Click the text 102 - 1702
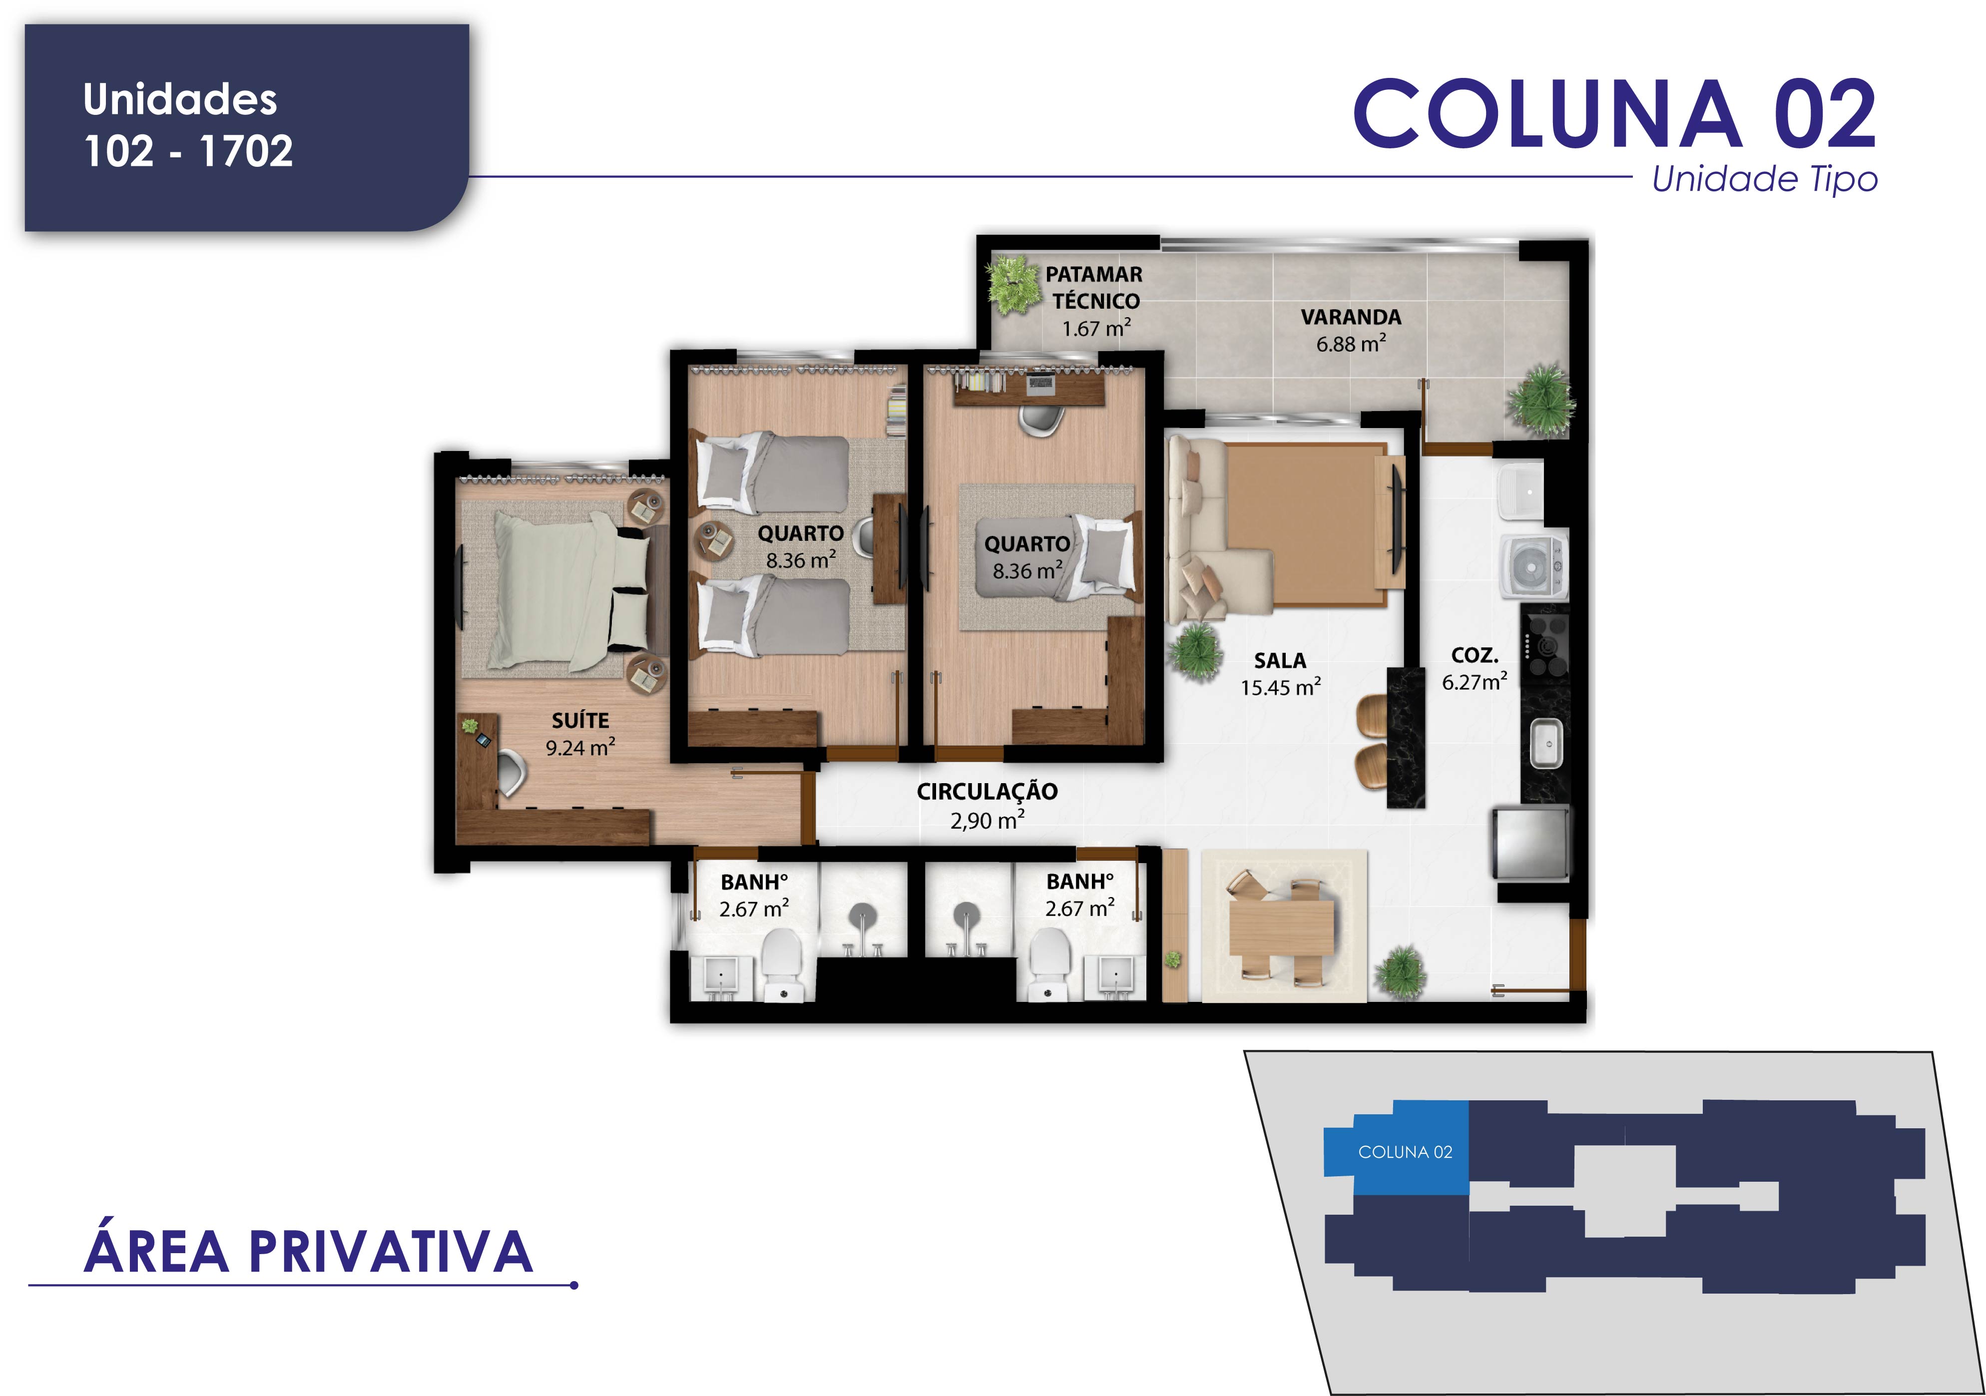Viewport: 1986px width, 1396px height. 189,151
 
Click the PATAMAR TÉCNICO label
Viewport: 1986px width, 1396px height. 1095,288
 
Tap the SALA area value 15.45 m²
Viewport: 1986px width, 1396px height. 1280,688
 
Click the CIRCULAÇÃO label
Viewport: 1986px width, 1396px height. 987,792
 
